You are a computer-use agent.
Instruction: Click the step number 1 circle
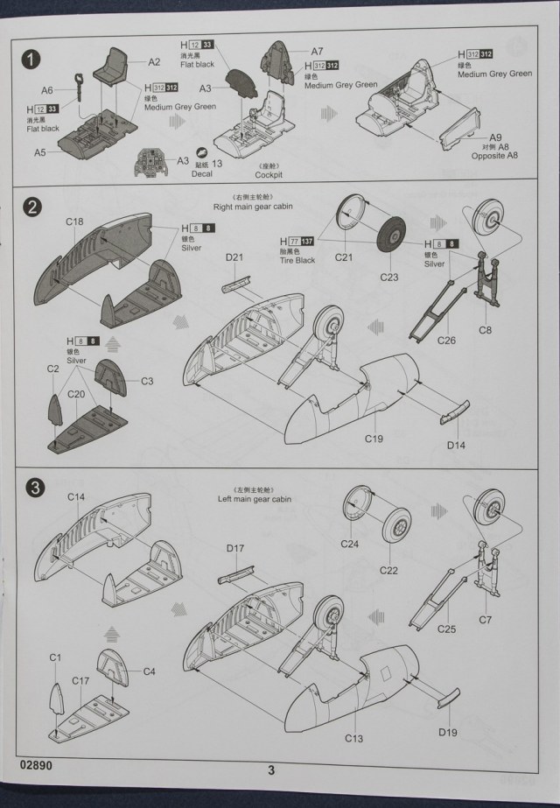[31, 60]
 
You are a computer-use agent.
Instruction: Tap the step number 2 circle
[31, 207]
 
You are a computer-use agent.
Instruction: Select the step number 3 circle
[31, 486]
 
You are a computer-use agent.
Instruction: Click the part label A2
[154, 62]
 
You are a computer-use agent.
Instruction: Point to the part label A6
[47, 90]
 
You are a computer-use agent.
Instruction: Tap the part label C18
[74, 221]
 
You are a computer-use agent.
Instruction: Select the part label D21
[234, 257]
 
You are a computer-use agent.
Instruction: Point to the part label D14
[455, 446]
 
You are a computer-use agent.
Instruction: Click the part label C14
[75, 497]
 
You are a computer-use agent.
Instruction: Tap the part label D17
[234, 548]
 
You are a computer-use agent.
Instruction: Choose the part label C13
[353, 738]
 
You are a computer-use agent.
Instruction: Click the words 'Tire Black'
[298, 261]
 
